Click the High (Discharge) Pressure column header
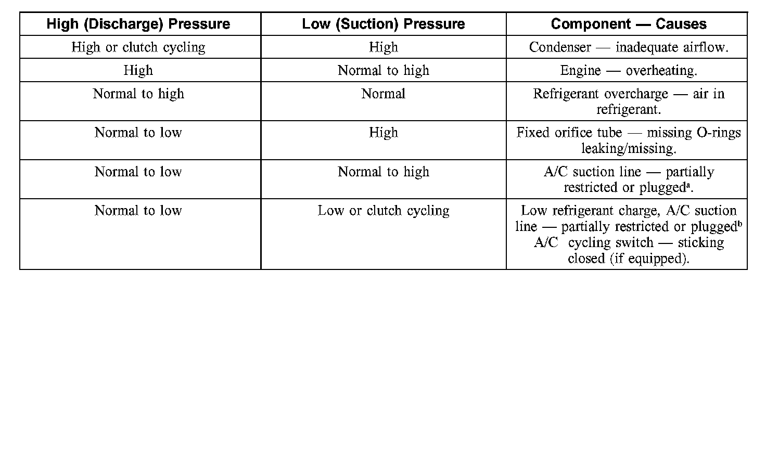138,24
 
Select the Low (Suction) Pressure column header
384,24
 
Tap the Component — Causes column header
629,24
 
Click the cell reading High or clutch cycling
138,47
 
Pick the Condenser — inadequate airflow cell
629,47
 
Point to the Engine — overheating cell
629,71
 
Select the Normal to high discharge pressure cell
138,94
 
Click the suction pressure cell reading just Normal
384,94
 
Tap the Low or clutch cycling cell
384,211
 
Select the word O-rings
718,133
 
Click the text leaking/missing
629,149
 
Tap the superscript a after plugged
687,184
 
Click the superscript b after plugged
739,224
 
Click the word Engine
580,71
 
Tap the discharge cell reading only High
138,71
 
